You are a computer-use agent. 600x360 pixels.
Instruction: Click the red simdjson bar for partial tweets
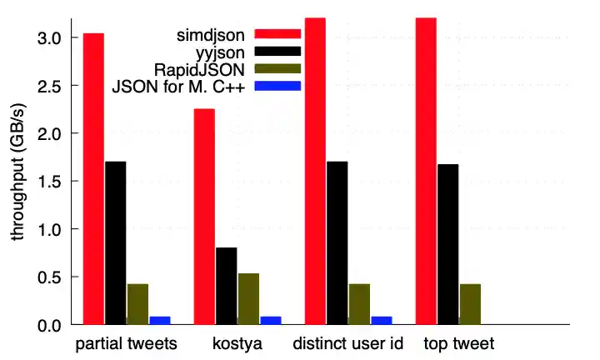coord(93,178)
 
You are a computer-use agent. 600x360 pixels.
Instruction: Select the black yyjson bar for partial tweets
coord(116,242)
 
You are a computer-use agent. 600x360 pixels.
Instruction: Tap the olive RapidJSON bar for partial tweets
coord(137,303)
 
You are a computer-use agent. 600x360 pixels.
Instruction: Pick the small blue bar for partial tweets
coord(160,320)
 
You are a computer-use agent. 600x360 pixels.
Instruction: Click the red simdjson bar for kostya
coord(204,217)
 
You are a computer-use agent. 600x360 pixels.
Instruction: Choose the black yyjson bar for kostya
coord(226,286)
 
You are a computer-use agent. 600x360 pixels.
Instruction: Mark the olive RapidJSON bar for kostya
coord(248,298)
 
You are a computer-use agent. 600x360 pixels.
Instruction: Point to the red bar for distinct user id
coord(315,171)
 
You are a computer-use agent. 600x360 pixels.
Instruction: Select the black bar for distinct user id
coord(337,242)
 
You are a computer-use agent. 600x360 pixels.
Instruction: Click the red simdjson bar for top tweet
coord(426,171)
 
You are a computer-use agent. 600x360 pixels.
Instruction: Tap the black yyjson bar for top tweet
coord(447,244)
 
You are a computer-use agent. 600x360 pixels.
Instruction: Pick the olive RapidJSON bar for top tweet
coord(470,303)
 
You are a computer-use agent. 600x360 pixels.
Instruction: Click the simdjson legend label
coord(211,34)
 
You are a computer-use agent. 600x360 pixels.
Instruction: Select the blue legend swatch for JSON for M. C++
coord(277,86)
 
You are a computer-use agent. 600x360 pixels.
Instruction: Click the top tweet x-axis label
coord(458,344)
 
